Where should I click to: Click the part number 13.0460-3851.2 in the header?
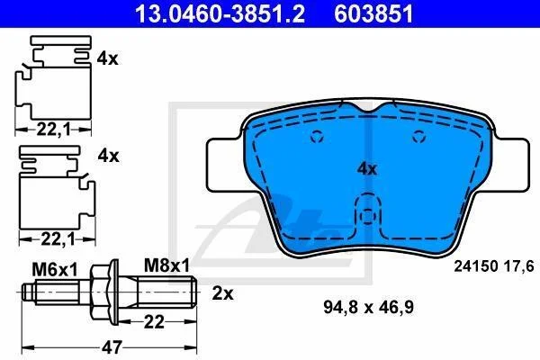point(220,14)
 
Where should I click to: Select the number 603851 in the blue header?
point(373,14)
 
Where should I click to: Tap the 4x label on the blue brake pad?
point(367,169)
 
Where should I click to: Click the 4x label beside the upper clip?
point(107,58)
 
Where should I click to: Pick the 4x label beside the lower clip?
point(109,156)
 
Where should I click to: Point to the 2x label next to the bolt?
point(223,293)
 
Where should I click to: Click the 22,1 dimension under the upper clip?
point(53,130)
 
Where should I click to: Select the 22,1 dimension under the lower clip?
point(58,239)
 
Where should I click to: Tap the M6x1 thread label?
point(55,269)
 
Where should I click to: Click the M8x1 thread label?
point(166,265)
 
